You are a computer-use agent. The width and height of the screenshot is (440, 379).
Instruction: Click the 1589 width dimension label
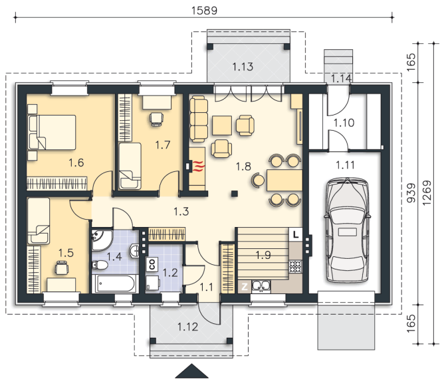[x=204, y=11]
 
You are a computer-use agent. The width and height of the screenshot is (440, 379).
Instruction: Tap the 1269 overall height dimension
[x=427, y=193]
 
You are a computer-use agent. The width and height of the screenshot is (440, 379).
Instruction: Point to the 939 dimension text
[x=411, y=193]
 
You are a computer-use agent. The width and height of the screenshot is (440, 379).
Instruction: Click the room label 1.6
[x=76, y=163]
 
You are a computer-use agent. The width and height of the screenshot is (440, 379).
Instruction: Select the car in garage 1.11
[x=348, y=230]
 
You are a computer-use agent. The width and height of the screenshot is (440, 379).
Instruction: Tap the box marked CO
[x=152, y=264]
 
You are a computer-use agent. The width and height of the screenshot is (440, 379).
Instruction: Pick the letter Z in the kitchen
[x=245, y=287]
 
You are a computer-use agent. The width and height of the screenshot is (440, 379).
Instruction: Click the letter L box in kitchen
[x=296, y=234]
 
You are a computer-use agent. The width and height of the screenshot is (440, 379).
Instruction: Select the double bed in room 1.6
[x=53, y=132]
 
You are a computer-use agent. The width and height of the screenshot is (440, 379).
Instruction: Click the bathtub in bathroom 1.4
[x=115, y=283]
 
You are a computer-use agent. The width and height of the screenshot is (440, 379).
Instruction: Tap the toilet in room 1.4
[x=100, y=265]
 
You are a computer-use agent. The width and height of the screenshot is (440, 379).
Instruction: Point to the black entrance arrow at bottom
[x=192, y=371]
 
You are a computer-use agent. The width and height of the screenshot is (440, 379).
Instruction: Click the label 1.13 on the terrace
[x=243, y=67]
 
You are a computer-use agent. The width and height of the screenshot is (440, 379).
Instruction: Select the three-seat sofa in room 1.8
[x=199, y=119]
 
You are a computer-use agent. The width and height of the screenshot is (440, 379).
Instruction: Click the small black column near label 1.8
[x=235, y=193]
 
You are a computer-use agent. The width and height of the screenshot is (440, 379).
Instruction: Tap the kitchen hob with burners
[x=296, y=266]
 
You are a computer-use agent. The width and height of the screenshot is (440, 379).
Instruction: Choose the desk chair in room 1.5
[x=61, y=267]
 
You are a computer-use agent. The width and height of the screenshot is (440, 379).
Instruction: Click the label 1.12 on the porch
[x=187, y=327]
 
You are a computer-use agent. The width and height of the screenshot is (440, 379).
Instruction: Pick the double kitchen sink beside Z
[x=261, y=286]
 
